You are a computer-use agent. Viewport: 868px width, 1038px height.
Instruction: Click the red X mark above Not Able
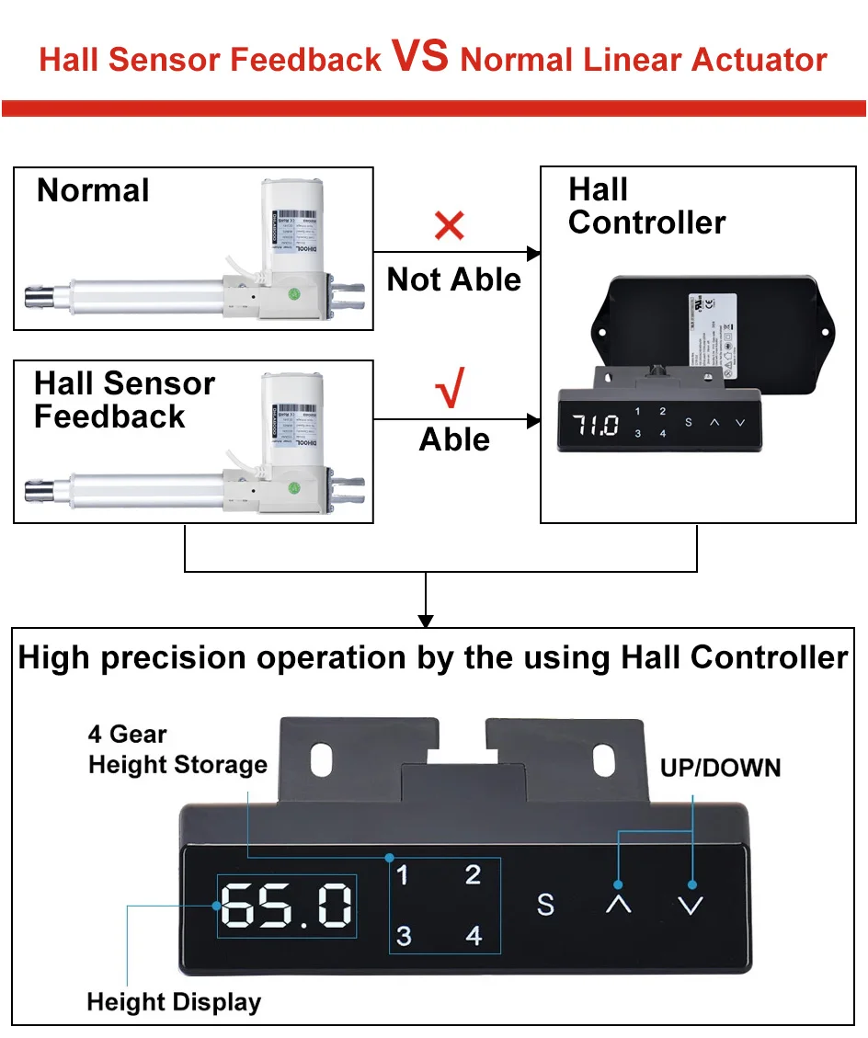coord(449,225)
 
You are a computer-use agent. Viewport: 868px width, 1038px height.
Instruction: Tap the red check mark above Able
coord(450,390)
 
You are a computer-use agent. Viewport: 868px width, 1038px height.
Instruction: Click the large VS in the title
coord(421,57)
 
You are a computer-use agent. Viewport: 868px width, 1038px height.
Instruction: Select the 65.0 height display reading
coord(286,906)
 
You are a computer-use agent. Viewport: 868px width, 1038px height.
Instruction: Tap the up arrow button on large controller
coord(619,905)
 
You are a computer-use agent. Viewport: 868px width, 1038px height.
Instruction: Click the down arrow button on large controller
coord(690,905)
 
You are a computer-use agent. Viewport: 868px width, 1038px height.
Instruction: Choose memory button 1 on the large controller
coord(402,875)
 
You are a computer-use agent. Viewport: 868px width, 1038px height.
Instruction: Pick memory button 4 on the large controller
coord(474,936)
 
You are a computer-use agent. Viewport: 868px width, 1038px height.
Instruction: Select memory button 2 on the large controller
coord(473,875)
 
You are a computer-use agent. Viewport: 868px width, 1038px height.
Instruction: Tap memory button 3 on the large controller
coord(404,936)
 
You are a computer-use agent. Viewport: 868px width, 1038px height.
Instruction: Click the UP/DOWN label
coord(720,768)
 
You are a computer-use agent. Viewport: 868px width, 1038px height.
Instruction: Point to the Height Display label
coord(174,1001)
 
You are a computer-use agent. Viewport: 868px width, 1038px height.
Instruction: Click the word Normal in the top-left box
coord(93,191)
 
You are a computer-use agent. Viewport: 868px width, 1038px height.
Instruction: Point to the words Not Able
coord(453,279)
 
